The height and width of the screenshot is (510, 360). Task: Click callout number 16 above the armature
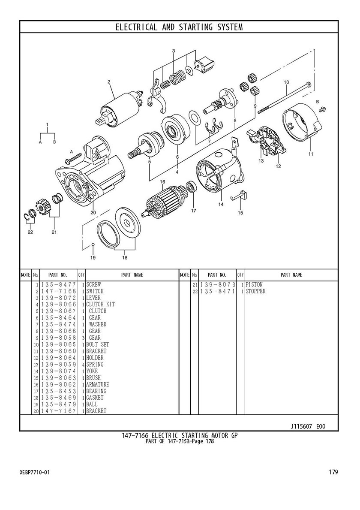(162, 181)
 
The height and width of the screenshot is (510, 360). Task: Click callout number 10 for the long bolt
(286, 82)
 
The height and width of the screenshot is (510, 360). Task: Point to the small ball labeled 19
(93, 244)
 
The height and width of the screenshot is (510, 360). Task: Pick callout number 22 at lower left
(30, 232)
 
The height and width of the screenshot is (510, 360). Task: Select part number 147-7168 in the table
(58, 291)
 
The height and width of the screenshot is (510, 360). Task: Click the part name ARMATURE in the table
(97, 384)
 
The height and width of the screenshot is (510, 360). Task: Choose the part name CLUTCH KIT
(100, 305)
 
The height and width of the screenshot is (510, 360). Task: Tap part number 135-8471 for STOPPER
(218, 291)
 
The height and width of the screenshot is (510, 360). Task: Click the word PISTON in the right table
(254, 285)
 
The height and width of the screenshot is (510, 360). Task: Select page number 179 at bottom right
(333, 472)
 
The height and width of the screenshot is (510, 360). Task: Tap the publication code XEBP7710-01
(35, 472)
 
